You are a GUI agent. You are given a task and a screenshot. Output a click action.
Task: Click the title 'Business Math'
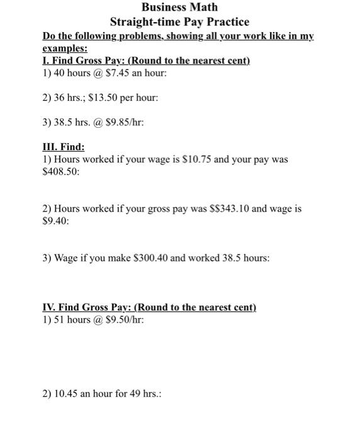coord(179,8)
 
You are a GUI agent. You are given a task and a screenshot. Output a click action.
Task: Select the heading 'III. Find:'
coord(63,147)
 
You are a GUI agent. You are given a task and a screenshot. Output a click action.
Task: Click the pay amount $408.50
coord(60,171)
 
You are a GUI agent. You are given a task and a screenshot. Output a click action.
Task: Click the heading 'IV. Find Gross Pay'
coord(86,307)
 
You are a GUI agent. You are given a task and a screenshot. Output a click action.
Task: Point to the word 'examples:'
coord(65,48)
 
